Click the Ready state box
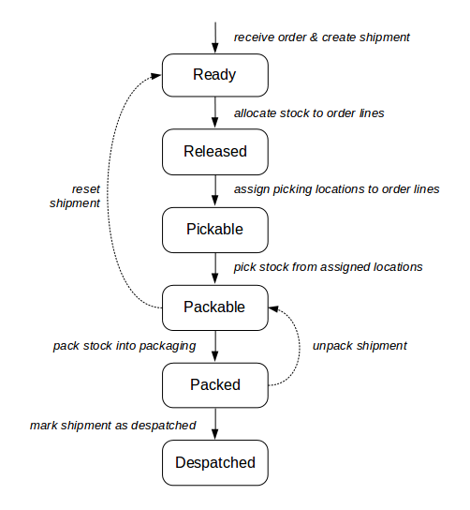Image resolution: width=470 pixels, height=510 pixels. tap(215, 75)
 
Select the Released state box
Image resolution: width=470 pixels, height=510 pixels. tap(215, 152)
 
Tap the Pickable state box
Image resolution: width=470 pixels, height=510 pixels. tap(215, 229)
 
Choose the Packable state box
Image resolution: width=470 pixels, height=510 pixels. tap(215, 307)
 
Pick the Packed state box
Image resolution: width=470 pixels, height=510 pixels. tap(215, 384)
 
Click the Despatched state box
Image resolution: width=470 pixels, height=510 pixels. tap(215, 462)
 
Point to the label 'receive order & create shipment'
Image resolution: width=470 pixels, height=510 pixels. tap(321, 37)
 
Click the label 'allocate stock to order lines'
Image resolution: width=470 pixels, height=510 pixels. tap(309, 112)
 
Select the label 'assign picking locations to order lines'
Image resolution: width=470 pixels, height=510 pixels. tap(336, 189)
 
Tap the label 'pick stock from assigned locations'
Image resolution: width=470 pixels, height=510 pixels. tap(328, 267)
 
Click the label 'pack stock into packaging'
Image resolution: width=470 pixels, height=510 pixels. tap(125, 346)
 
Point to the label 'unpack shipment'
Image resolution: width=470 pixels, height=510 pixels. tap(360, 346)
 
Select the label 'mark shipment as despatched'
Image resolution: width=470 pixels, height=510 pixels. tap(112, 425)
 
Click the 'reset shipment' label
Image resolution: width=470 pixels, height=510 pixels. tap(75, 195)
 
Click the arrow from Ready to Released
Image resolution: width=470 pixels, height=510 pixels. tap(215, 112)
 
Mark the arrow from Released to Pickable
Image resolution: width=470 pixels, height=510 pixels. tap(215, 190)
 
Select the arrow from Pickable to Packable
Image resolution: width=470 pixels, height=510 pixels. tap(215, 267)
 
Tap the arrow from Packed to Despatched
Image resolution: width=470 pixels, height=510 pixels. tap(215, 423)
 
